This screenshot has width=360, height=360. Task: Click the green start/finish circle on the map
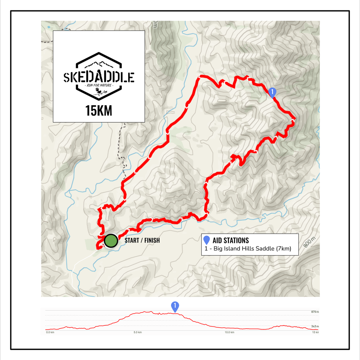tap(111, 241)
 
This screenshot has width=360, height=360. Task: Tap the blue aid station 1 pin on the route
tap(273, 92)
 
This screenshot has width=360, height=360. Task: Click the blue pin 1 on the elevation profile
tap(175, 306)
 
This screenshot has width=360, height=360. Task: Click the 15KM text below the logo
tap(99, 111)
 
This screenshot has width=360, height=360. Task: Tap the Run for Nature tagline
tap(99, 86)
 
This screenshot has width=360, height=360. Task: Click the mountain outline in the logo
tap(99, 65)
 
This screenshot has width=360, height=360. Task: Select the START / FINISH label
tap(142, 240)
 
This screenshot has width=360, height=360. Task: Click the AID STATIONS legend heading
tap(231, 240)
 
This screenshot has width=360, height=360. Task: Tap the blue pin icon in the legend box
tap(207, 240)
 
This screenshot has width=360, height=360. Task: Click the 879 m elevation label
tap(315, 312)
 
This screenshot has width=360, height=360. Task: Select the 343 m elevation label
tap(315, 327)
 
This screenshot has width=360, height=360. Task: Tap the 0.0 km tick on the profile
tap(50, 332)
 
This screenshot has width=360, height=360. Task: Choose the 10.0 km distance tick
tap(230, 332)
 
